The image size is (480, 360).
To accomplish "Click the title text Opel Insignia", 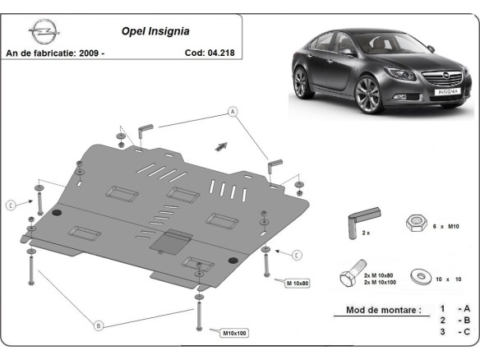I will tap(156, 32).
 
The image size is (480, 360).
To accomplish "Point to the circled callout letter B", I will tap(99, 325).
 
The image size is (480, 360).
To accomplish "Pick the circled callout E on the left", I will tap(11, 204).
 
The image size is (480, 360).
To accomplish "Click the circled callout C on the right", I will tap(296, 253).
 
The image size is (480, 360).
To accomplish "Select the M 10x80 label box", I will tap(298, 284).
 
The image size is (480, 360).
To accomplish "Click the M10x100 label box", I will tap(233, 333).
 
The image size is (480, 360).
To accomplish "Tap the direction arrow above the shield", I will tap(220, 145).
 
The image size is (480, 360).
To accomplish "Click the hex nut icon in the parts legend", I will tap(414, 223).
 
